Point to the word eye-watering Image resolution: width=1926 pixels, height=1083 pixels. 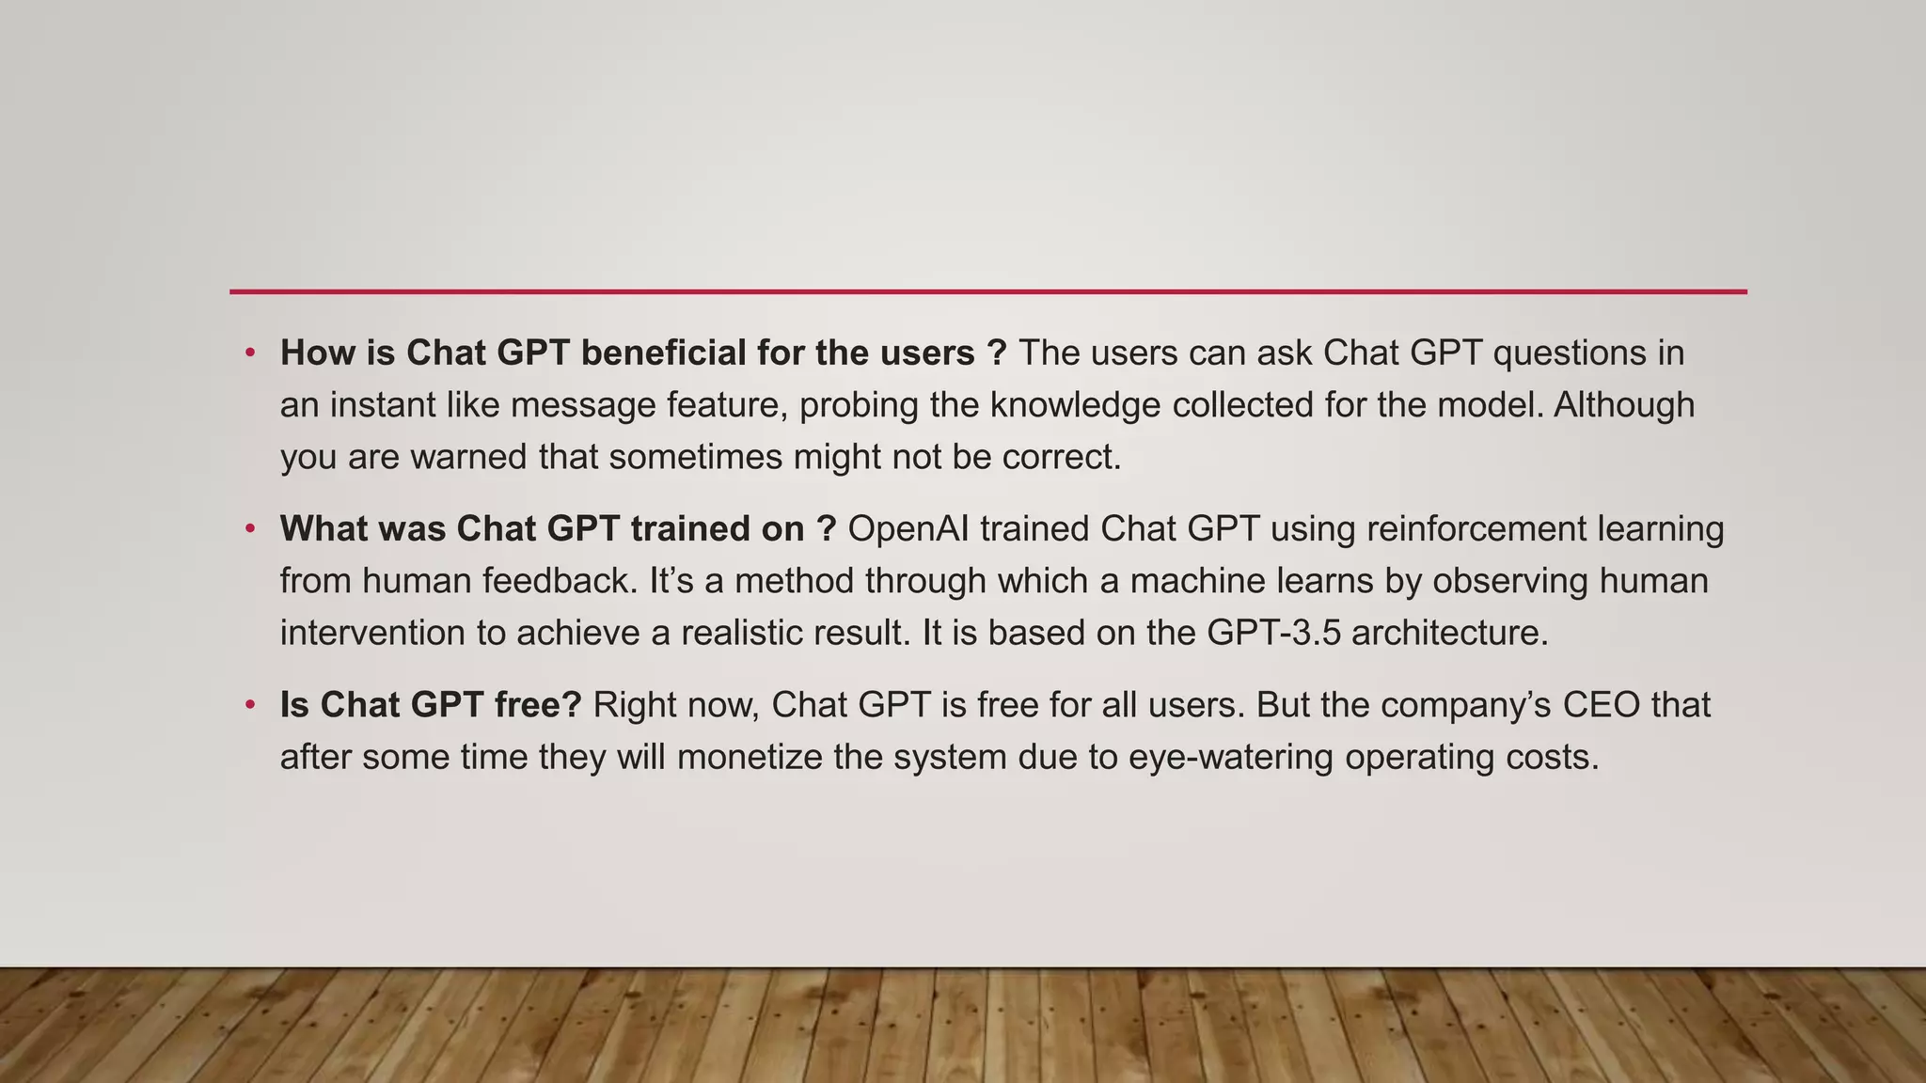point(1231,758)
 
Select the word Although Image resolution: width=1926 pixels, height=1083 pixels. point(1624,405)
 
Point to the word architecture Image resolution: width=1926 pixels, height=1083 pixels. point(1449,633)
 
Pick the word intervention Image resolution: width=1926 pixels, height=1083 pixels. point(372,633)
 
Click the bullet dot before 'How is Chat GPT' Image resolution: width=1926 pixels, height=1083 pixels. point(250,353)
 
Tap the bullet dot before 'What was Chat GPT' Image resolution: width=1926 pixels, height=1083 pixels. point(250,529)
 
